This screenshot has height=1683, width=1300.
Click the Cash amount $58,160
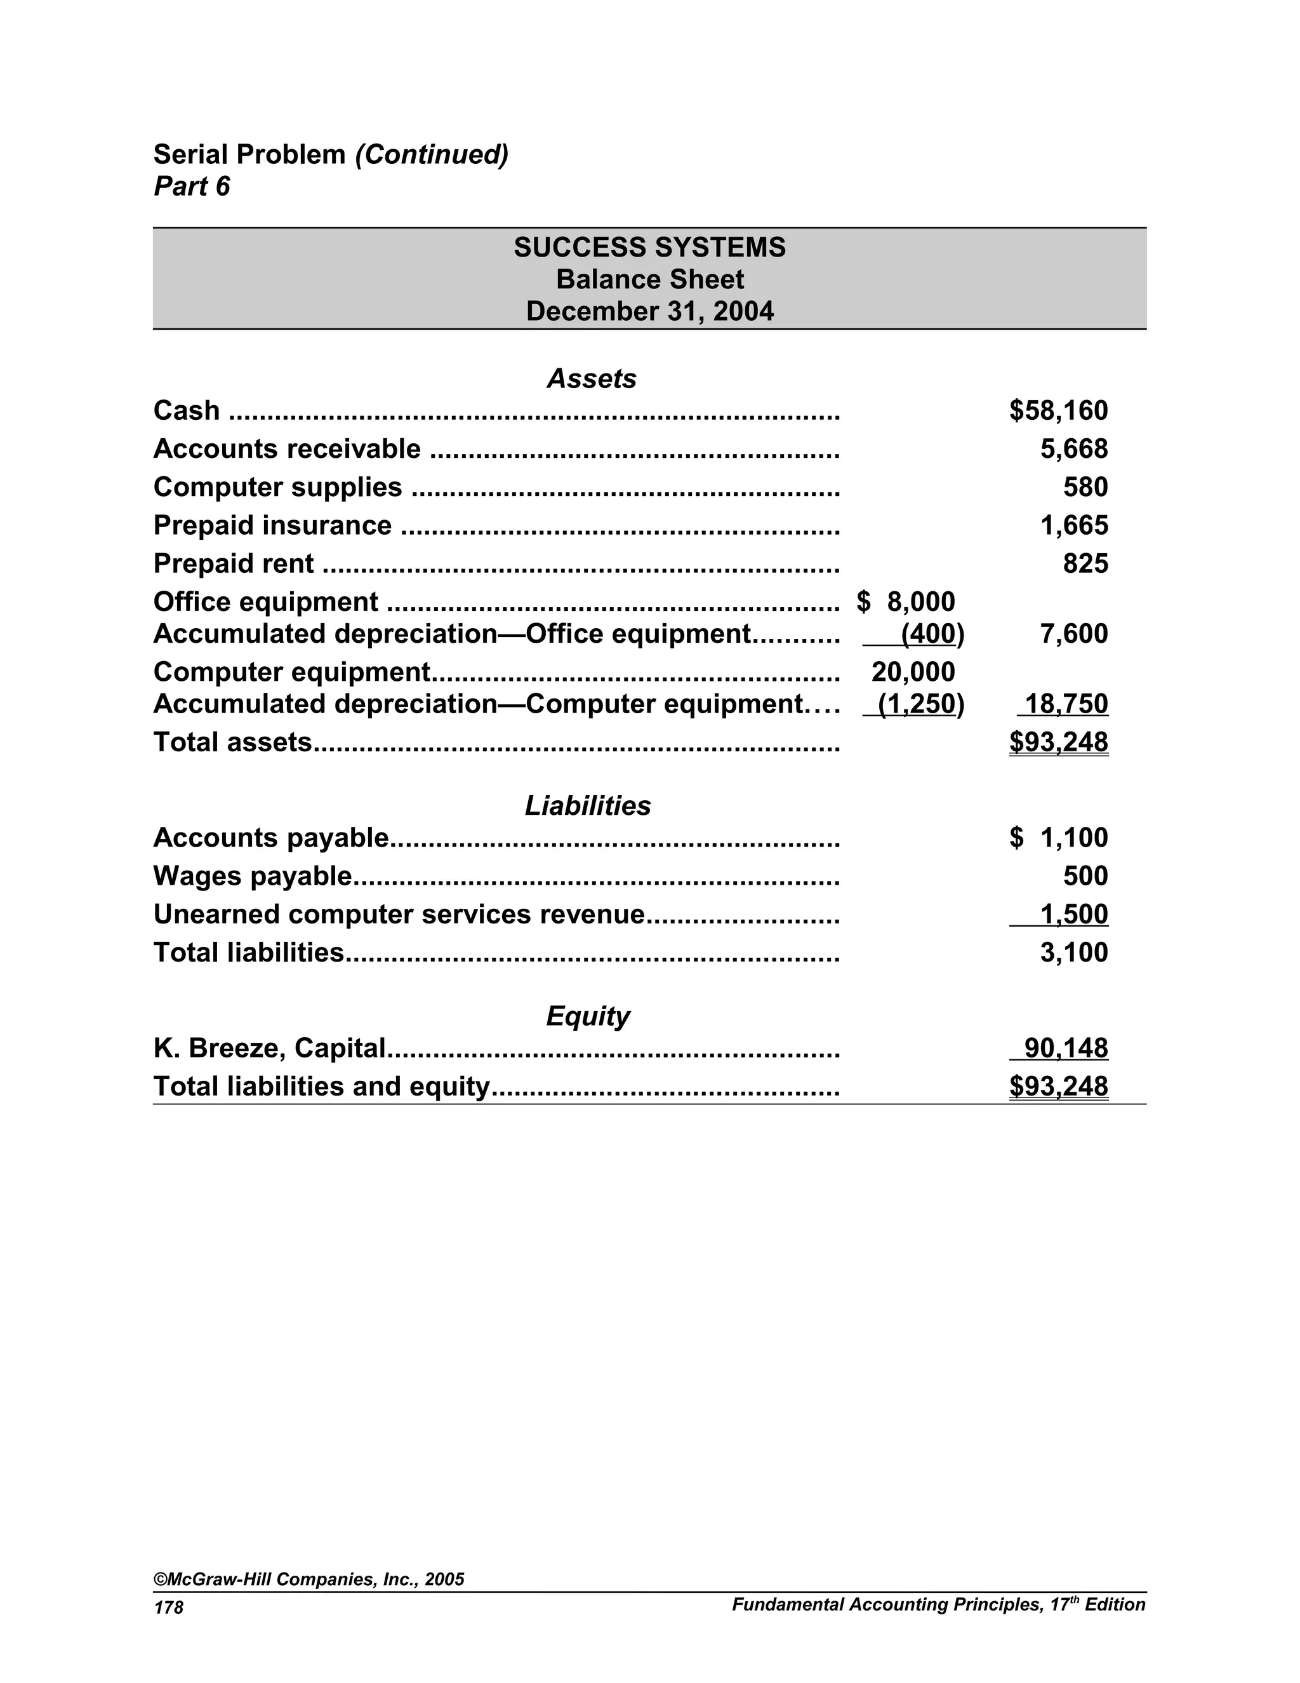tap(1058, 411)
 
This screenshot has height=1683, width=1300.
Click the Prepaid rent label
tap(234, 564)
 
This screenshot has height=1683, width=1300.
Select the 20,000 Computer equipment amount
tap(913, 672)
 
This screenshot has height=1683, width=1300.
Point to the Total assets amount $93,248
tap(1058, 742)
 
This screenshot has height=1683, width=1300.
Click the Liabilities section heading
tap(588, 806)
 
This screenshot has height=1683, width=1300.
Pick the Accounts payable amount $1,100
tap(1058, 838)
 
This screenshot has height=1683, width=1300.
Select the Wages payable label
tap(253, 876)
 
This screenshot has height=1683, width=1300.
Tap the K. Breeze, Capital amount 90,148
tap(1066, 1048)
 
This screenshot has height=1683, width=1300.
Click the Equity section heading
tap(588, 1016)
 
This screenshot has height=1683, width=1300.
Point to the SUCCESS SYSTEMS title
tap(649, 247)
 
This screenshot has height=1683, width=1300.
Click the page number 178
tap(169, 1607)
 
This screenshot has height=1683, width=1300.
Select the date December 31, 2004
tap(649, 311)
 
